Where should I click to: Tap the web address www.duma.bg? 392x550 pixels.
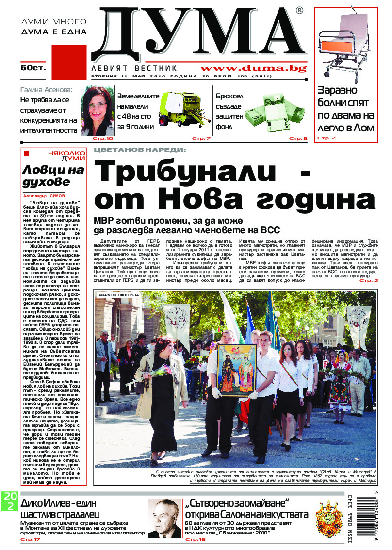coord(253,68)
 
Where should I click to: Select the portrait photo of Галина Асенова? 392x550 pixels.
coord(97,111)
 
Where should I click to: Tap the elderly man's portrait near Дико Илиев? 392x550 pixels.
coord(163,519)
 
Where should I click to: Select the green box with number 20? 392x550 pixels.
coord(10,496)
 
